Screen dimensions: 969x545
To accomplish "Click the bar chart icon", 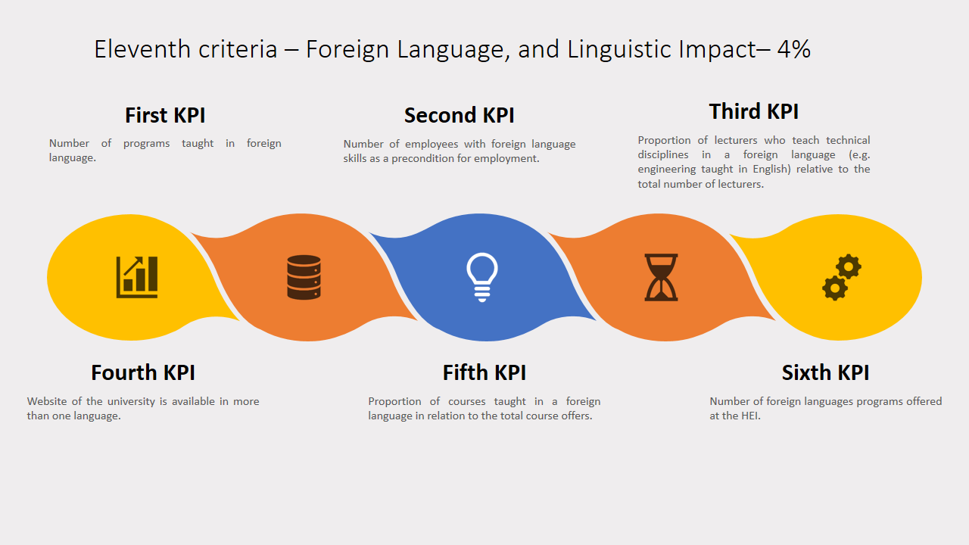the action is click(137, 277).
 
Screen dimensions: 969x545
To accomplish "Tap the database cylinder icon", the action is click(304, 277).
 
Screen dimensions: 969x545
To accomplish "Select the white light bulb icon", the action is click(482, 277).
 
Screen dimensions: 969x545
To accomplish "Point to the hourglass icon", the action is click(661, 277).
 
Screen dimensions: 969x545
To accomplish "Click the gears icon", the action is click(842, 277).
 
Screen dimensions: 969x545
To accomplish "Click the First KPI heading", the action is click(165, 116).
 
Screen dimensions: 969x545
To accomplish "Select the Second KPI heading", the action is click(460, 116).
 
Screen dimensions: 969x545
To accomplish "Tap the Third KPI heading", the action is click(753, 111).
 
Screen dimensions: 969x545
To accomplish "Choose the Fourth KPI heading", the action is click(143, 373).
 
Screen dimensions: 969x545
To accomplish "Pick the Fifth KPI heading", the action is click(484, 373).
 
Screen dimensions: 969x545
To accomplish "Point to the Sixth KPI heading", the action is click(825, 373).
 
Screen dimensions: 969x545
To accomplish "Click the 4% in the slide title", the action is click(794, 49).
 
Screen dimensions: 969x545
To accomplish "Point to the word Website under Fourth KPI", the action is click(47, 401).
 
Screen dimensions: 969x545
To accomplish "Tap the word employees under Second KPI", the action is click(432, 145).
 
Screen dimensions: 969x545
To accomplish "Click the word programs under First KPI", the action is click(146, 144).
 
